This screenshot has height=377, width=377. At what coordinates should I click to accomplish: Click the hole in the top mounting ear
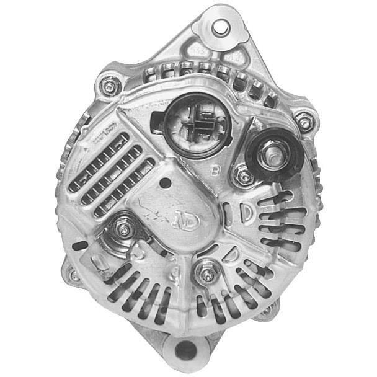coord(220,28)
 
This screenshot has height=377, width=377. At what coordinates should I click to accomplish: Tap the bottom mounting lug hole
coord(185,351)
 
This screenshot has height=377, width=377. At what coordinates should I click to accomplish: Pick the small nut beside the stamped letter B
coord(242,176)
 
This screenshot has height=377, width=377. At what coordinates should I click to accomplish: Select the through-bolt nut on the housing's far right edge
coord(304,120)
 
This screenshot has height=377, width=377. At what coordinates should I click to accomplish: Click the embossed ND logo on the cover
coord(186,220)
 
